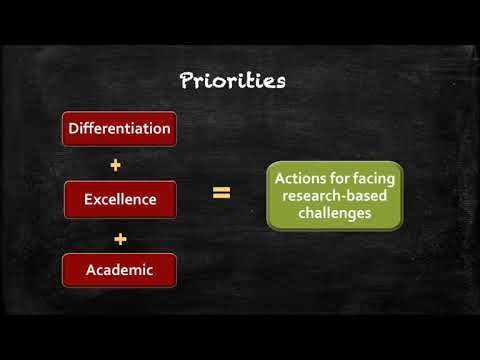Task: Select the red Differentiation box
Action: click(120, 128)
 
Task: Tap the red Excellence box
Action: click(120, 199)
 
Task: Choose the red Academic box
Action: click(120, 270)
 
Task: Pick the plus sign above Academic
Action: click(120, 237)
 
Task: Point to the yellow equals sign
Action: click(222, 193)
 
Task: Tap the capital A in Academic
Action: click(91, 270)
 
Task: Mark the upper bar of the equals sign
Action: click(222, 189)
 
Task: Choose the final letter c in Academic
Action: click(150, 271)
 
